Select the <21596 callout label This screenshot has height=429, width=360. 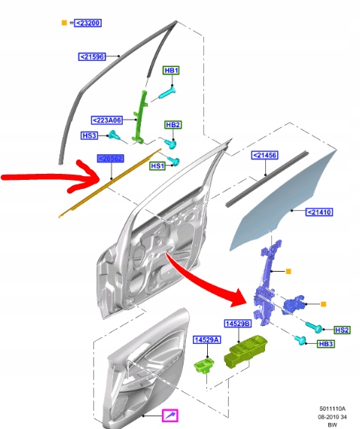(x=92, y=56)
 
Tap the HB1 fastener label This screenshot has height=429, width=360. (x=172, y=71)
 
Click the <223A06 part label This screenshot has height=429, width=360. (x=108, y=120)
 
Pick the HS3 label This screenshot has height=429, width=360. (x=90, y=135)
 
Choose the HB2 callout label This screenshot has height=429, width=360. (x=173, y=124)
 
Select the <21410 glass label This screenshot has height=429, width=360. (x=319, y=212)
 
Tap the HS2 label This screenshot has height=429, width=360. (x=341, y=330)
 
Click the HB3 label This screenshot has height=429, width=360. (x=325, y=344)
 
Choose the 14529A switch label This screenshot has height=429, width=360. (x=206, y=340)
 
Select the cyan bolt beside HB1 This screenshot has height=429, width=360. (x=166, y=93)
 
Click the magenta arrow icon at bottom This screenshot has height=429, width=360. (x=171, y=415)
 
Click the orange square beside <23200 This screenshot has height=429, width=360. (x=64, y=23)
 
